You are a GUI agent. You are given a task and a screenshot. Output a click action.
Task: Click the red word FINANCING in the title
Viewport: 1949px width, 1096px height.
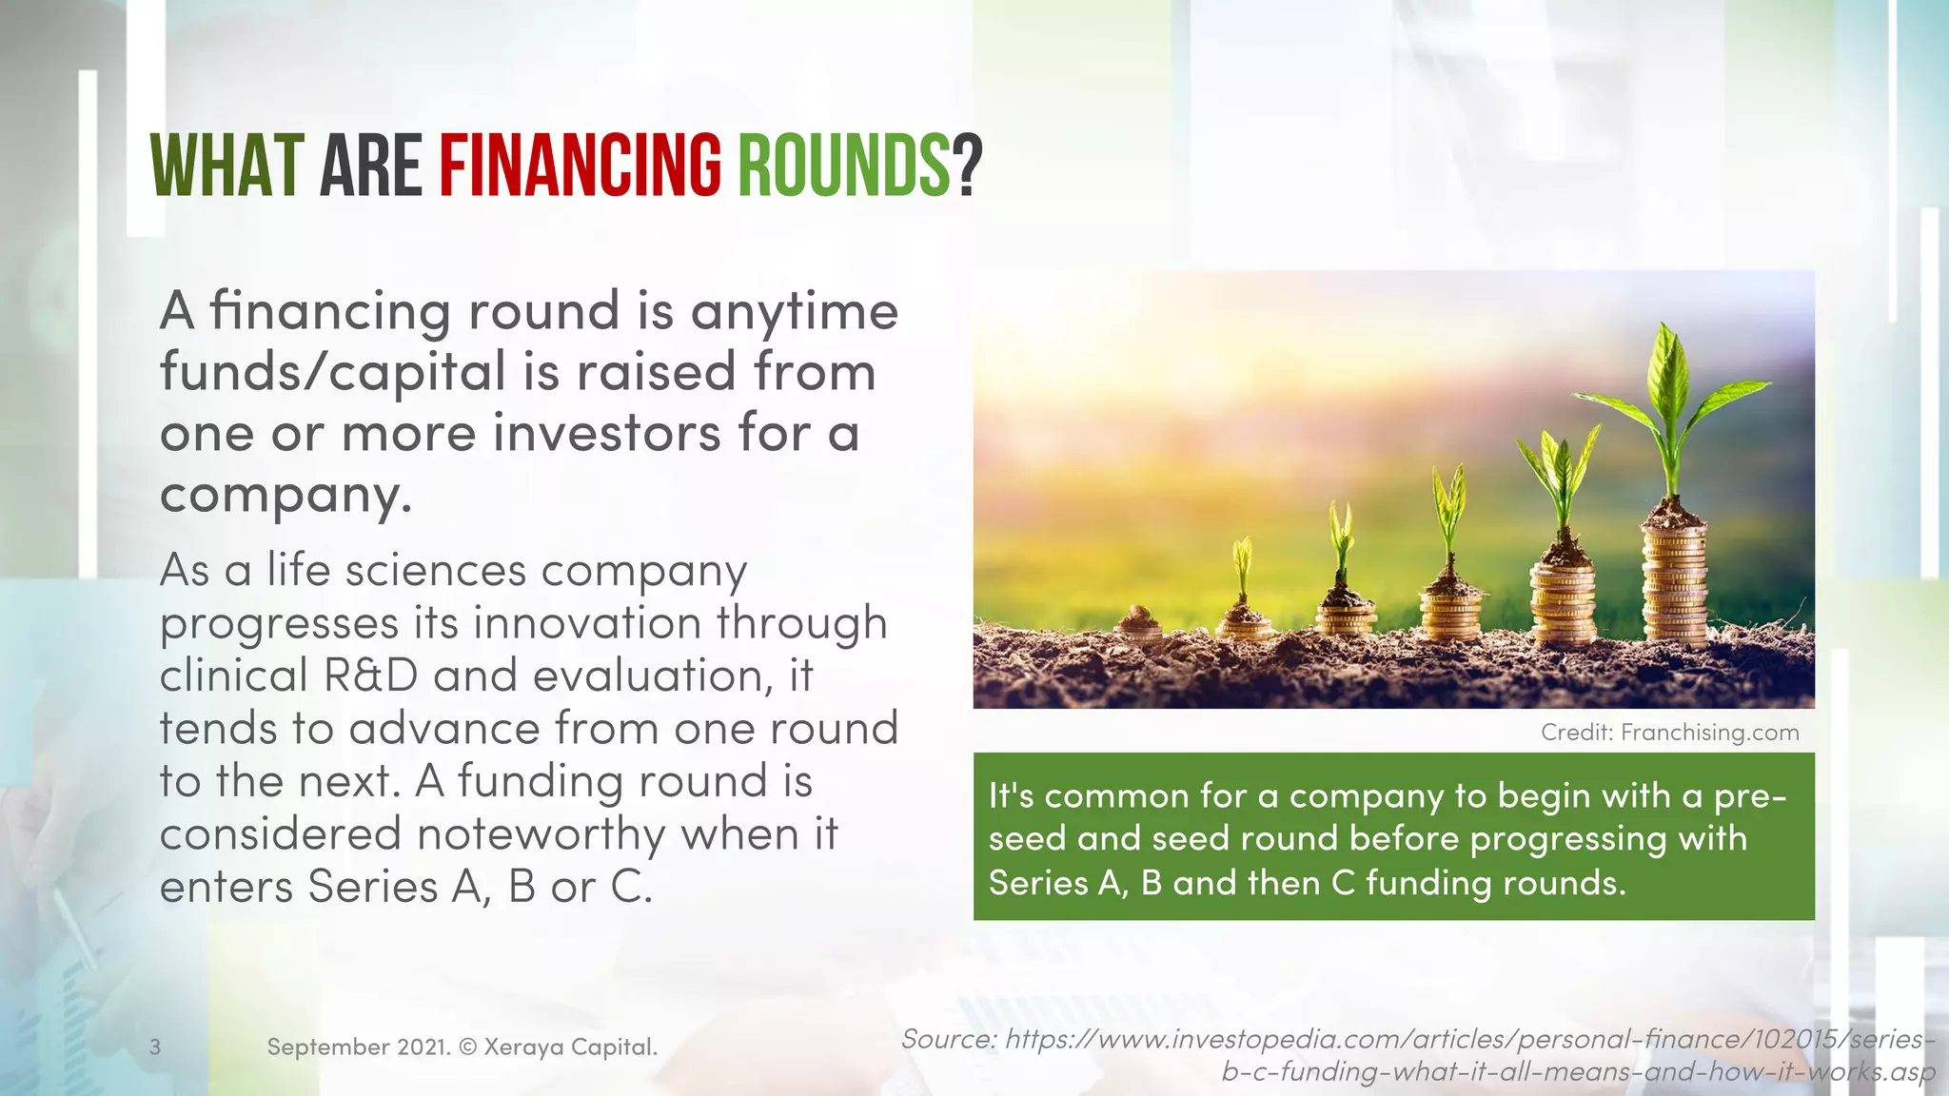pyautogui.click(x=580, y=166)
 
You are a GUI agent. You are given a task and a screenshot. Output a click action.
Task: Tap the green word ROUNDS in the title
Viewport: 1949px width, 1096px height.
pyautogui.click(x=843, y=166)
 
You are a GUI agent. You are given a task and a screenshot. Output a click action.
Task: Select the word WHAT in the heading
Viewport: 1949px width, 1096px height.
pyautogui.click(x=226, y=166)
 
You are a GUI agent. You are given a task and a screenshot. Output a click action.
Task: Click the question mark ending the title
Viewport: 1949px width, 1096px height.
pyautogui.click(x=968, y=166)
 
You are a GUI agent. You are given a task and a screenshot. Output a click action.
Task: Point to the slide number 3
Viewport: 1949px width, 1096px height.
pyautogui.click(x=155, y=1047)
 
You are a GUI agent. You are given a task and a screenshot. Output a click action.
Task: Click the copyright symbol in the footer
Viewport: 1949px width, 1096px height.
pyautogui.click(x=467, y=1047)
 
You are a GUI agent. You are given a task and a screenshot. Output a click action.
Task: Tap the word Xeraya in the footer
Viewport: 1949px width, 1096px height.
pyautogui.click(x=522, y=1047)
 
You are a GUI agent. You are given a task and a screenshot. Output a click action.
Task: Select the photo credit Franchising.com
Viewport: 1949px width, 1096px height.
pyautogui.click(x=1709, y=733)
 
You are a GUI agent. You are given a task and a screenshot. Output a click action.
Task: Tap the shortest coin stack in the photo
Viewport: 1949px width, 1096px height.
pyautogui.click(x=1139, y=628)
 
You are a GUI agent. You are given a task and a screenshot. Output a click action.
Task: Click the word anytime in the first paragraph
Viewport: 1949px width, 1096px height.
pyautogui.click(x=794, y=312)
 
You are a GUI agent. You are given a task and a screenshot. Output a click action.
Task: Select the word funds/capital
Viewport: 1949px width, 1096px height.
pyautogui.click(x=333, y=372)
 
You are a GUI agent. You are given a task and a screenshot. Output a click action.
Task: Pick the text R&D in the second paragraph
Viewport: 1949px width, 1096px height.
pyautogui.click(x=370, y=675)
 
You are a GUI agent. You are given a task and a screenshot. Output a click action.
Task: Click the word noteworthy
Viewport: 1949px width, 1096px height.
pyautogui.click(x=541, y=834)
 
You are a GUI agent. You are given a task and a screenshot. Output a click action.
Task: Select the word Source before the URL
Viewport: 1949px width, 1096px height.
pyautogui.click(x=946, y=1039)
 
